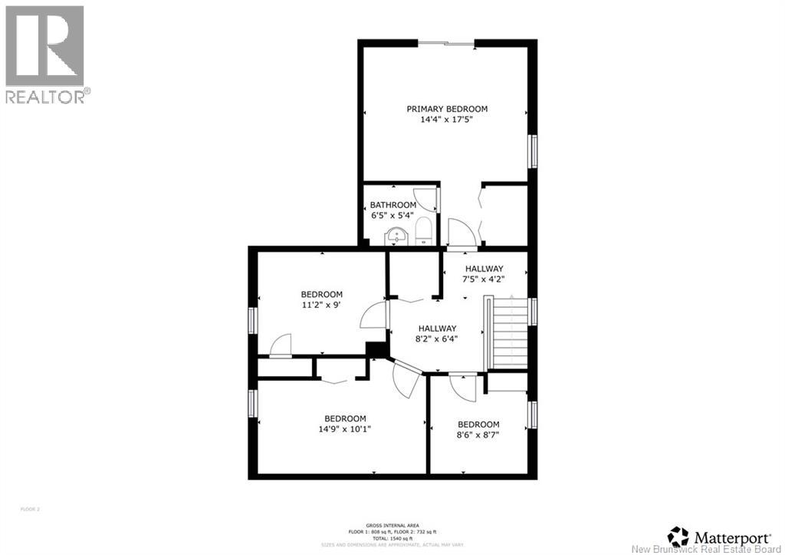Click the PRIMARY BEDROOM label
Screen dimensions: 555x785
446,109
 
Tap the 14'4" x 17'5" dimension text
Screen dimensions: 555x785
446,120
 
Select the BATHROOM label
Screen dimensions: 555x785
392,205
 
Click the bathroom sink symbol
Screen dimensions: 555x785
397,236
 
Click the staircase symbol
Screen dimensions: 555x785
506,333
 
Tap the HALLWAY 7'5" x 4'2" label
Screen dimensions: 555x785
484,273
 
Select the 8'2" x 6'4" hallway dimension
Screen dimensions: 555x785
437,339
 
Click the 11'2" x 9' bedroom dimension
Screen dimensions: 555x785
321,305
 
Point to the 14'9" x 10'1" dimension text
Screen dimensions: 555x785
344,429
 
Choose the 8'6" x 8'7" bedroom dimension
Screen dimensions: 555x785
478,434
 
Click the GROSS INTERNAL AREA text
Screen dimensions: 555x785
392,525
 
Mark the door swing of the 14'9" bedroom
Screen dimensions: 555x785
404,379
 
